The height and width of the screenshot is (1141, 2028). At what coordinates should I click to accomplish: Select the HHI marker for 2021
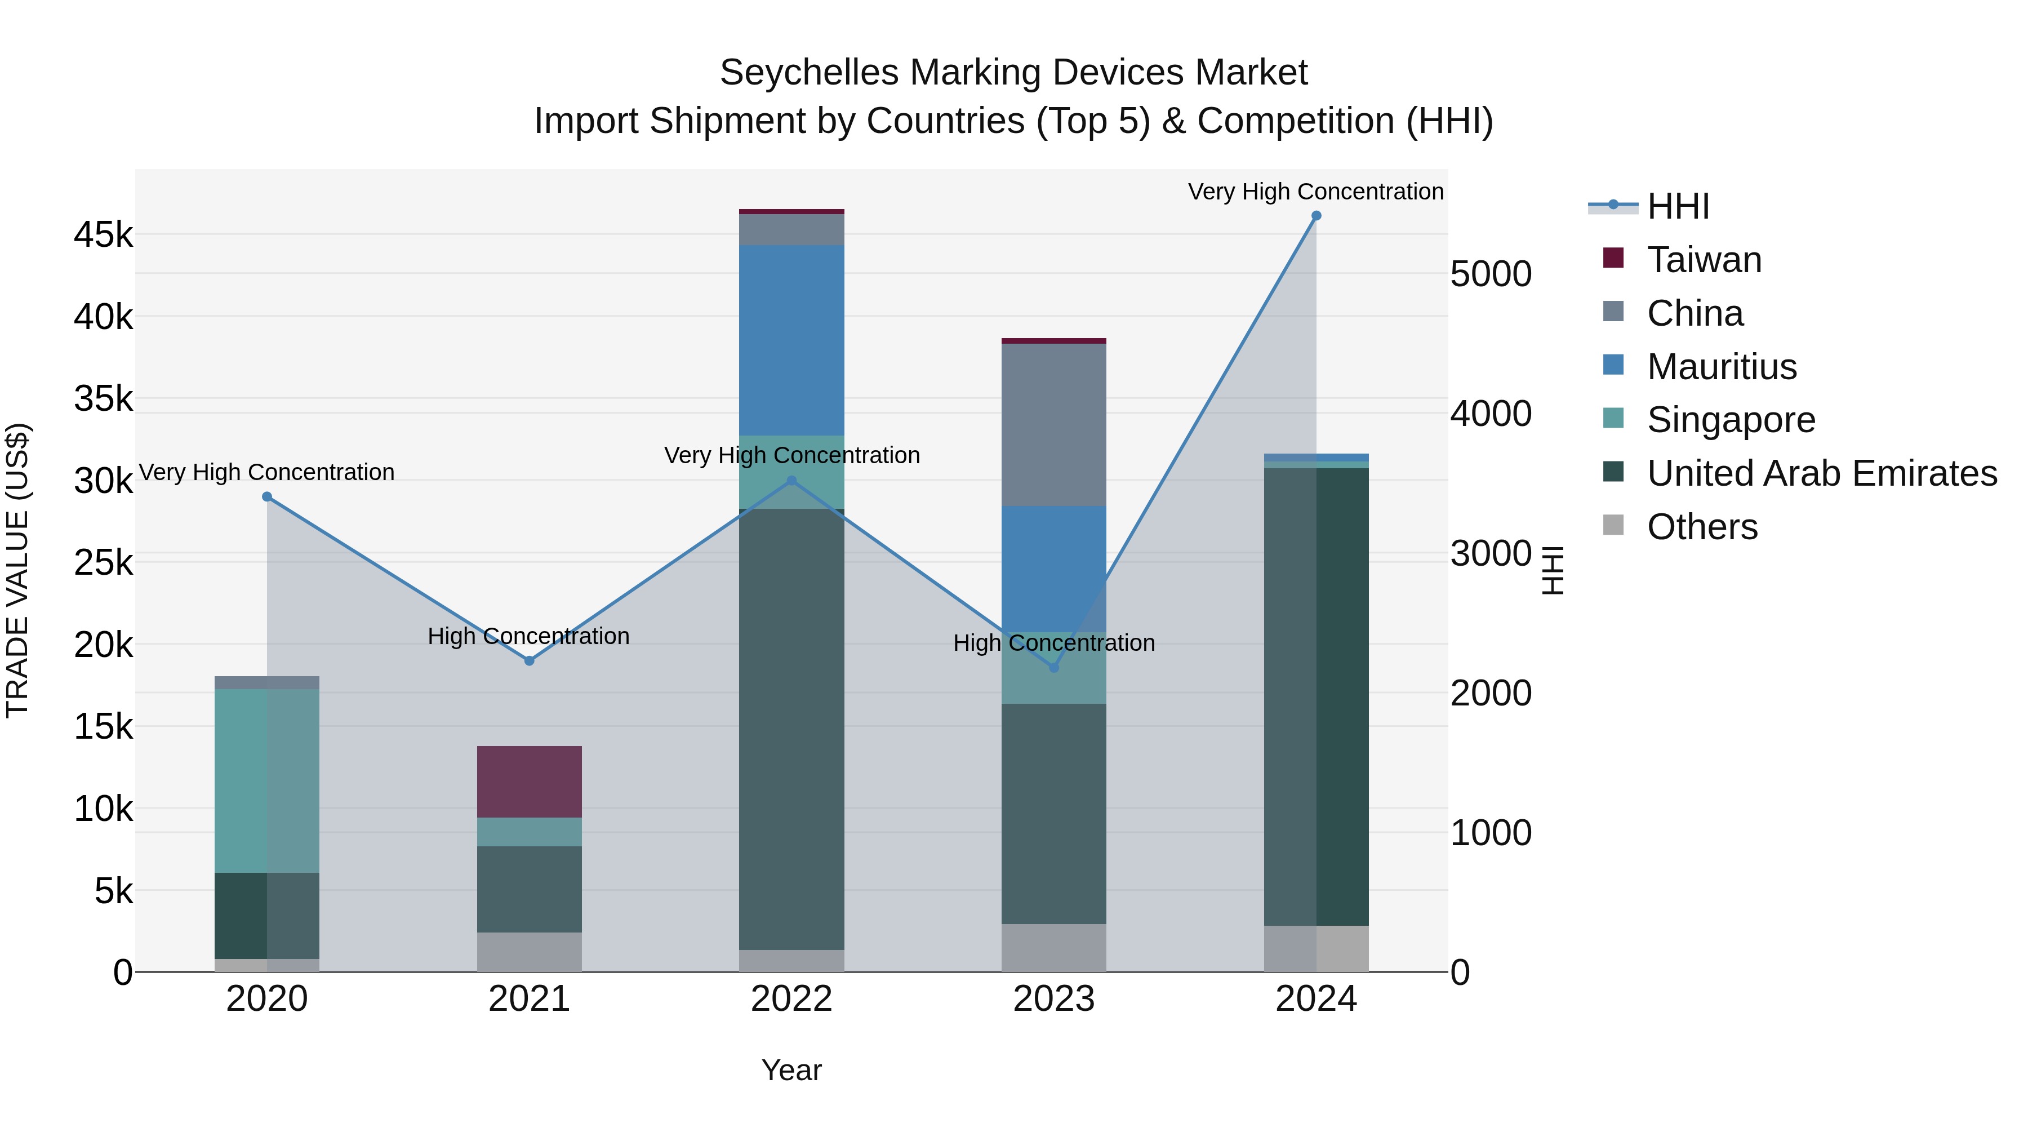(529, 661)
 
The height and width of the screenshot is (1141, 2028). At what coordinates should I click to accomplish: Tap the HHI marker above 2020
(267, 497)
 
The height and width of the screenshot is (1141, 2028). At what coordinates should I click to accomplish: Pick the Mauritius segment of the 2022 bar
(791, 340)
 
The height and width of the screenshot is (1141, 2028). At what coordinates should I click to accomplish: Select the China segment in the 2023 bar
(1053, 425)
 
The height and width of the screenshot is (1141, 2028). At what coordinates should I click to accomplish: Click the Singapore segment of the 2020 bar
(267, 780)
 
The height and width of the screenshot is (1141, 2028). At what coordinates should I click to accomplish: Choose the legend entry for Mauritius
(1721, 367)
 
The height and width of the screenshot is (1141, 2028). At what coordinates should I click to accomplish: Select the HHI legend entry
(1678, 206)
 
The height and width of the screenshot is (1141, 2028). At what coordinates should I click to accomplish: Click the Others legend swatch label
(1701, 527)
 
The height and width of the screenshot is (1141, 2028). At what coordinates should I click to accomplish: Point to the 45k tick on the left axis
(103, 234)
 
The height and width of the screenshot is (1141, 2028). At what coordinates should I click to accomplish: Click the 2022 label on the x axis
(791, 999)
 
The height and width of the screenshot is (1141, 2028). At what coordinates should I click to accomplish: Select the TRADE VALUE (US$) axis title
(17, 570)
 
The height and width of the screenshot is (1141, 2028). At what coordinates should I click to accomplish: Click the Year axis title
(791, 1070)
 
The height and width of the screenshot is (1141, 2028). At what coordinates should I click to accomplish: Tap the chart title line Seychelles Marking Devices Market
(1013, 73)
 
